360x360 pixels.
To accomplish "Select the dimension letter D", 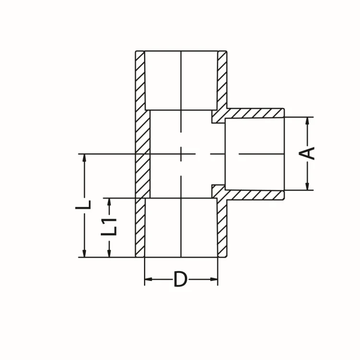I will pyautogui.click(x=180, y=279).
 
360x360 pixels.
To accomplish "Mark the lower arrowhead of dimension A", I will pyautogui.click(x=307, y=185).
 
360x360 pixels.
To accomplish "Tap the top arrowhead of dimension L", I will pyautogui.click(x=84, y=158).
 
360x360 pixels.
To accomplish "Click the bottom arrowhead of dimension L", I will pyautogui.click(x=84, y=252).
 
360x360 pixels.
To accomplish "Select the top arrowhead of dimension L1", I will pyautogui.click(x=110, y=202).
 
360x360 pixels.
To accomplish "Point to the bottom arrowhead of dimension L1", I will pyautogui.click(x=110, y=252).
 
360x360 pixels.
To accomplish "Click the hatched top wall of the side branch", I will pyautogui.click(x=254, y=113).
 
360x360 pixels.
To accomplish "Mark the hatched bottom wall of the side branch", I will pyautogui.click(x=254, y=194).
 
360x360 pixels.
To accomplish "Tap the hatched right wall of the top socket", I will pyautogui.click(x=222, y=79).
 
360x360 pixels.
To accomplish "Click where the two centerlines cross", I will pyautogui.click(x=180, y=154).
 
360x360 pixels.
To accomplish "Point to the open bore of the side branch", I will pyautogui.click(x=254, y=154).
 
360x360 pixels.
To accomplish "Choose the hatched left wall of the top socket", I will pyautogui.click(x=140, y=79).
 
